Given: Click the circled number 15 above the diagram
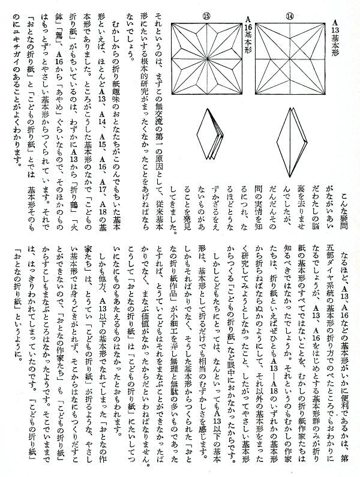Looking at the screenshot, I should tap(208, 16).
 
